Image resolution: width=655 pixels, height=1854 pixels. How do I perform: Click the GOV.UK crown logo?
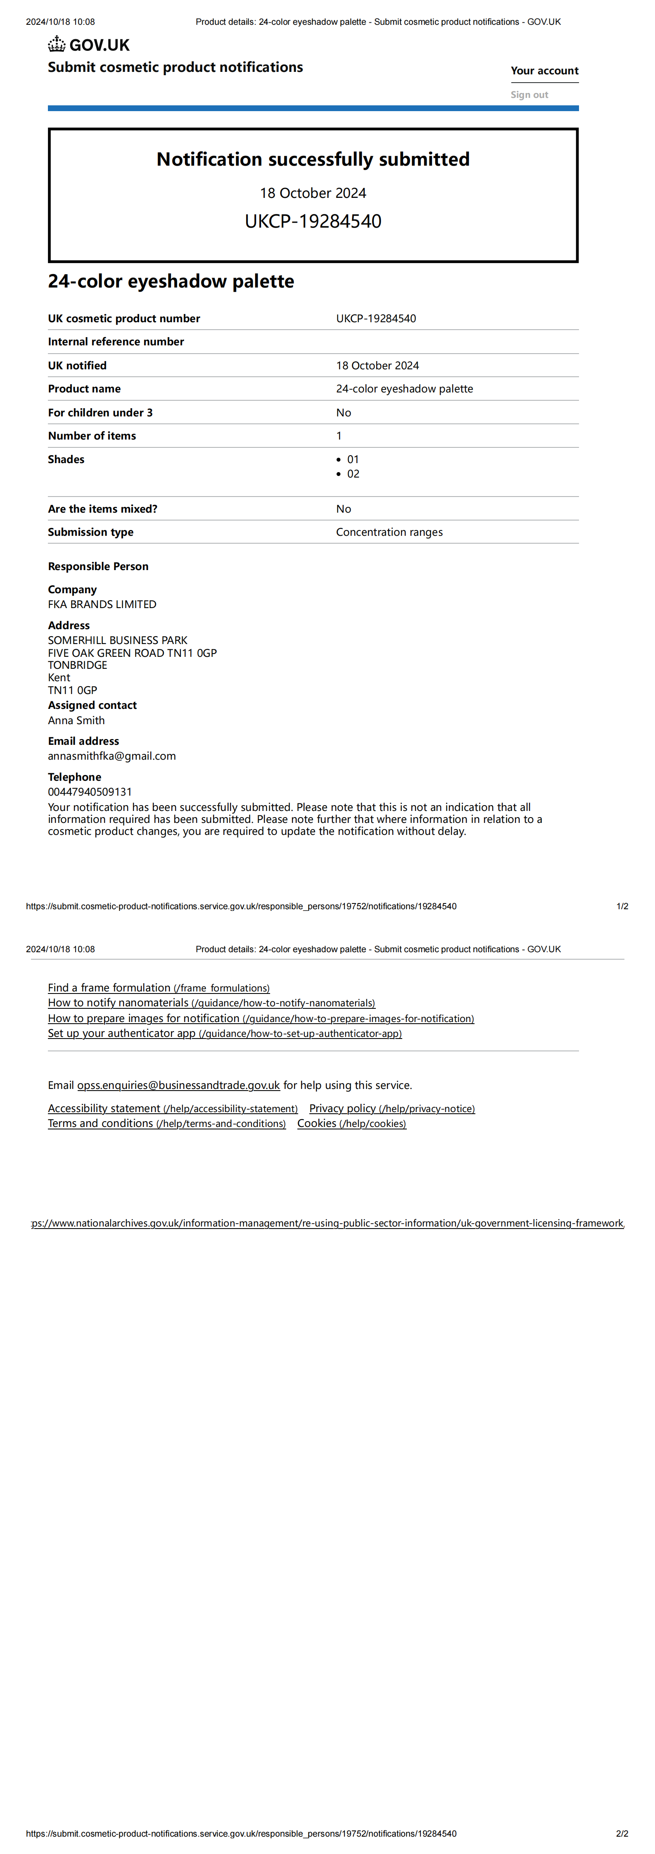click(57, 45)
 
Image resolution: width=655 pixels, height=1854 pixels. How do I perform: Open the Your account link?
click(544, 71)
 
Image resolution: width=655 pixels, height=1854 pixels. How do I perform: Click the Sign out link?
click(529, 94)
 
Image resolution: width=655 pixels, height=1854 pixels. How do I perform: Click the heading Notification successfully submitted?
click(313, 159)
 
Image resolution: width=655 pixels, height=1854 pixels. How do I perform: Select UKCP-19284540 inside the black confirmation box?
click(313, 221)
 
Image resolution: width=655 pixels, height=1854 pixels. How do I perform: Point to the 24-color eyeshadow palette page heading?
click(171, 281)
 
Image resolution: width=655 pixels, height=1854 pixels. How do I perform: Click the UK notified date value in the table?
click(377, 366)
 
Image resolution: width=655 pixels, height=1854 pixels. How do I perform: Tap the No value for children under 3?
click(343, 412)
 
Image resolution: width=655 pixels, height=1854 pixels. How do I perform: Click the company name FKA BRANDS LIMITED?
click(102, 604)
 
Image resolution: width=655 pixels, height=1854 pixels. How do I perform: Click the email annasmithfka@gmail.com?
click(112, 756)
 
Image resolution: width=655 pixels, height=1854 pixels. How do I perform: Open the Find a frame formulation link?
click(158, 988)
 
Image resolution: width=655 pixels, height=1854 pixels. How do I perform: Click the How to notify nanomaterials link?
click(211, 1003)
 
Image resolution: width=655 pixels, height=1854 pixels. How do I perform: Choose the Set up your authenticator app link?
click(225, 1034)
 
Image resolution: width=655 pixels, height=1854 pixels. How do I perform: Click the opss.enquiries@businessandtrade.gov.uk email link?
click(178, 1085)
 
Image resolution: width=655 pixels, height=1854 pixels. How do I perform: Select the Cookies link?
click(351, 1124)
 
